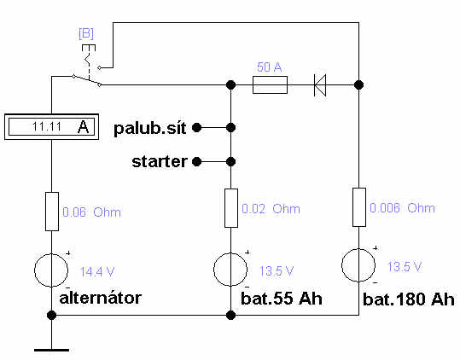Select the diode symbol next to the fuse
(320, 85)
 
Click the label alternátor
(101, 298)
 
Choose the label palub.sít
(150, 129)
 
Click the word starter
(160, 161)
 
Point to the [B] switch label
(86, 33)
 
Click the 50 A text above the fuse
(270, 67)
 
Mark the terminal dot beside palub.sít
(197, 127)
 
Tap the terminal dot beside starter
(197, 161)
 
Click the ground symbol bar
(51, 350)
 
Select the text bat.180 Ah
(409, 299)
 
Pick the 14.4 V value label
(97, 272)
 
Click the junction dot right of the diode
(358, 85)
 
